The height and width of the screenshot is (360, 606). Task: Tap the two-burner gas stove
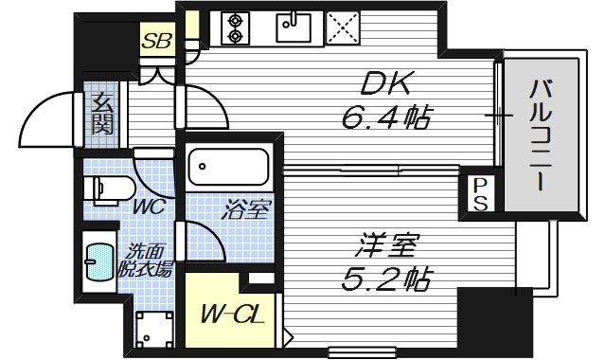coord(235,28)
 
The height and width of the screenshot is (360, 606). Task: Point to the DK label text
coord(385,85)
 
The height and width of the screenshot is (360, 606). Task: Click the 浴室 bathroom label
coord(245,210)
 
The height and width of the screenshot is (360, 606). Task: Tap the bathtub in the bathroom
coord(227,168)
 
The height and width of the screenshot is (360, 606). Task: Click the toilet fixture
coord(107,189)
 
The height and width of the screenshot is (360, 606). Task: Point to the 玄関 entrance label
coord(101,114)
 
